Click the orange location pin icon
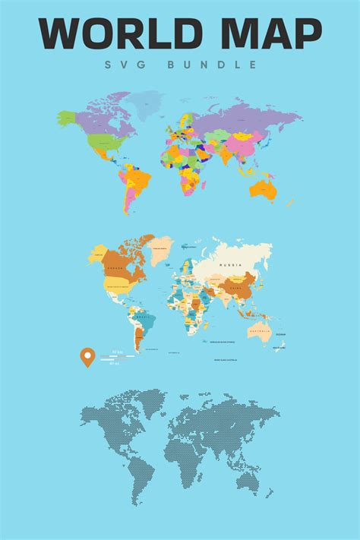pyautogui.click(x=88, y=357)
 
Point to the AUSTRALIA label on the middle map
pyautogui.click(x=260, y=331)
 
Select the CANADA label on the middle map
pyautogui.click(x=115, y=267)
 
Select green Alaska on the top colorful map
pyautogui.click(x=68, y=118)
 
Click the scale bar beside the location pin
pyautogui.click(x=114, y=355)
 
